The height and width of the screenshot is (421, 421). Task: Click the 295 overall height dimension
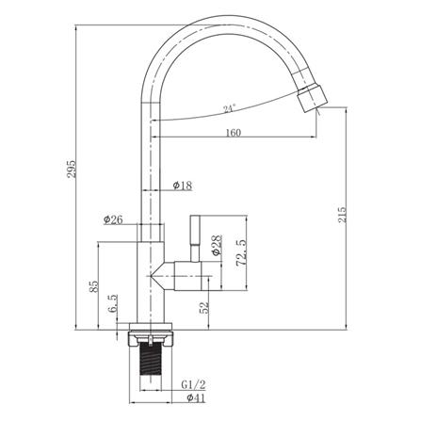coord(72,169)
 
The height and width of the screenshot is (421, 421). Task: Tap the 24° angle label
coord(230,109)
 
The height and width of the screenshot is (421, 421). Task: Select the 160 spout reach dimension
coord(234,133)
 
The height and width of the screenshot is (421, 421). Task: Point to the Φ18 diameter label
coord(183,186)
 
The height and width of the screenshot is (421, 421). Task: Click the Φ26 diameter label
coord(113,219)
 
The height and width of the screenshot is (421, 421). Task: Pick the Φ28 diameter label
coord(217,246)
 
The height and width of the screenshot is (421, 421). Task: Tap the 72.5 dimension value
coord(242,252)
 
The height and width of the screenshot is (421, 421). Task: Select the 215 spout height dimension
coord(342,215)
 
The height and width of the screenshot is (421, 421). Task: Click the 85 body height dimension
coord(94,286)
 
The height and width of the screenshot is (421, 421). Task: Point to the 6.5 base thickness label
coord(113,303)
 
